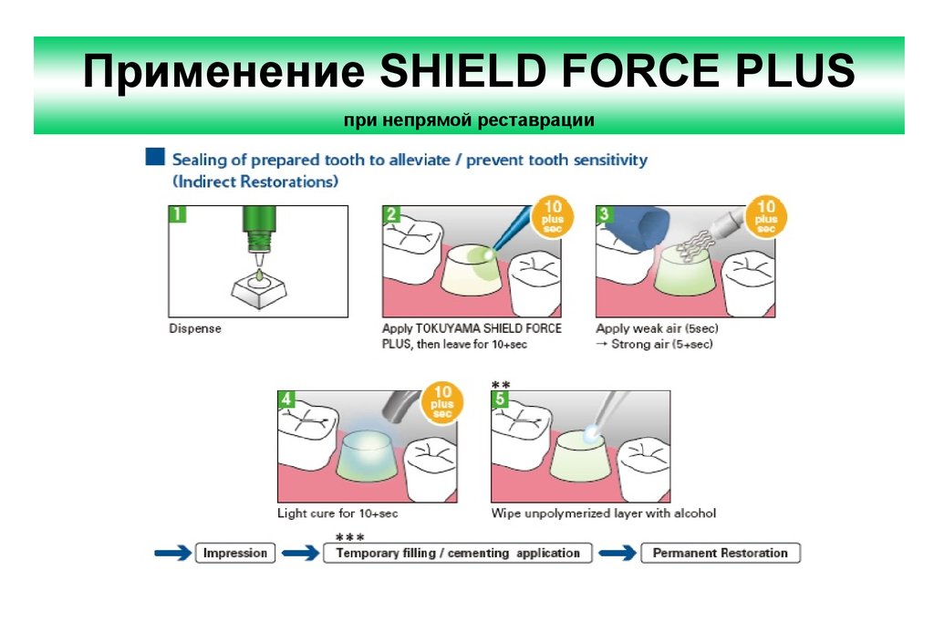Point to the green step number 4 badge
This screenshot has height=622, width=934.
[287, 399]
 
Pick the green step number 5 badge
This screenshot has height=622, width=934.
[501, 399]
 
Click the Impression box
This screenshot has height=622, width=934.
[235, 553]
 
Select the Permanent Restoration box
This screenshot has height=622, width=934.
[720, 553]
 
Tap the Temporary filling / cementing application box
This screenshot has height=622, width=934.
[457, 553]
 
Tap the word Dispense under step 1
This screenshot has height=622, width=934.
[195, 327]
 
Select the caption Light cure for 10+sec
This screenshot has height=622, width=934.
[337, 513]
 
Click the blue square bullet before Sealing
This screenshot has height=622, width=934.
[155, 159]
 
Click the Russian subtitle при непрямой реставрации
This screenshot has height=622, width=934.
[469, 119]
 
